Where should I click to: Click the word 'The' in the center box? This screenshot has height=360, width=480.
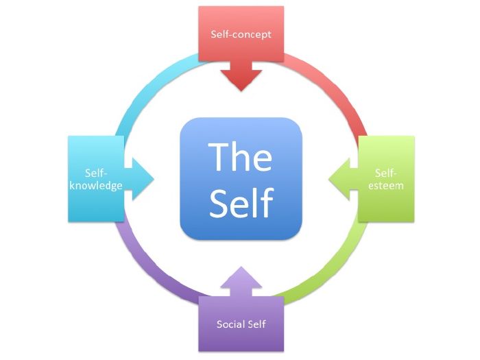click(240, 156)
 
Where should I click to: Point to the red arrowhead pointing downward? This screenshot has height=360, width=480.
click(241, 78)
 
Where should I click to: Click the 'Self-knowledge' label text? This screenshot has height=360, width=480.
click(95, 180)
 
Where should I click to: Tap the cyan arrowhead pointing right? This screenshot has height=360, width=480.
click(143, 180)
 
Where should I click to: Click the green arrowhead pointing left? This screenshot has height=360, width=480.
click(341, 180)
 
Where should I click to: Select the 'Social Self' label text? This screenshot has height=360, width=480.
click(241, 324)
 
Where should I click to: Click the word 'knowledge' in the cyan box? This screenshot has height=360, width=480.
click(95, 185)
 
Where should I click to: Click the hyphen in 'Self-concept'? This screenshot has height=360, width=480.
click(234, 34)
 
